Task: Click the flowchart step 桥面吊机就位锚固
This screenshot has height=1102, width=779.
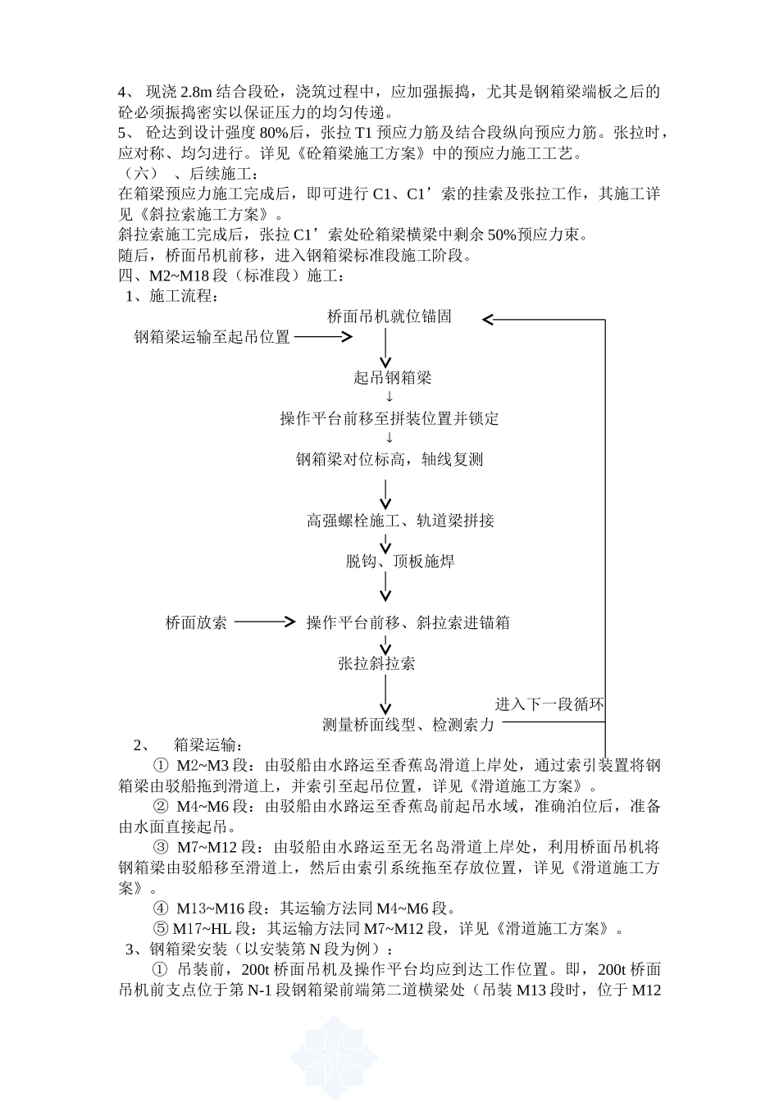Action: [389, 316]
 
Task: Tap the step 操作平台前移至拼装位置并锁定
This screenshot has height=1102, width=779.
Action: [389, 418]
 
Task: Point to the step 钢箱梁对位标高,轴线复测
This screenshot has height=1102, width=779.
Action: [389, 459]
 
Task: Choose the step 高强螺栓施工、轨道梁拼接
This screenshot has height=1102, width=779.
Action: [401, 521]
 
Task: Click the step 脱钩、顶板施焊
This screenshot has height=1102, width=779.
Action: [400, 562]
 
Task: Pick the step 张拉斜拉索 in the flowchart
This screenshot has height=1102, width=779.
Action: [376, 663]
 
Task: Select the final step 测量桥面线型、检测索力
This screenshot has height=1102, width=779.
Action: [408, 725]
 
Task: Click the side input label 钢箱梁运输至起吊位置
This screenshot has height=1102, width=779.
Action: [212, 337]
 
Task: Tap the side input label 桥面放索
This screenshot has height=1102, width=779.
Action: [196, 622]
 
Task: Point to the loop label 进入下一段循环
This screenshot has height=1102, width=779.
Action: [549, 704]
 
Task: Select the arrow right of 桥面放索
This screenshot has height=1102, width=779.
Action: [264, 622]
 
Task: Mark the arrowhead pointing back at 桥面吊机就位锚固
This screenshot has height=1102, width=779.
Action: [488, 319]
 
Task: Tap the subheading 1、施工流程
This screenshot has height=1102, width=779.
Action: [172, 296]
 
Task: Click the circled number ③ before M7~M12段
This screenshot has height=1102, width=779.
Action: [161, 847]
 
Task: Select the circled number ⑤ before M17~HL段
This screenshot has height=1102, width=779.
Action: [161, 929]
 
